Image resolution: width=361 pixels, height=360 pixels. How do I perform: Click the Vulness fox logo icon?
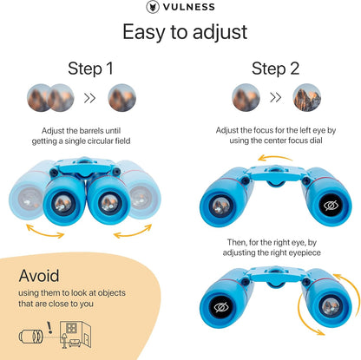coord(153,7)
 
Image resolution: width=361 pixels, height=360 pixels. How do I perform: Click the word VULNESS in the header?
coord(189,7)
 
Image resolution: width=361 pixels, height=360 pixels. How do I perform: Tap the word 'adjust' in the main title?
coord(220,32)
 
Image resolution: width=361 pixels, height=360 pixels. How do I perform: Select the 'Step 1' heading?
coord(90,69)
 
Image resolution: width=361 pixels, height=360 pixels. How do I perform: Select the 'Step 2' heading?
coord(275,69)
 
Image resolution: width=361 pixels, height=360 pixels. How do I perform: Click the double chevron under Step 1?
coord(89,98)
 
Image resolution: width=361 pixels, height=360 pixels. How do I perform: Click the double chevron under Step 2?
coord(276,98)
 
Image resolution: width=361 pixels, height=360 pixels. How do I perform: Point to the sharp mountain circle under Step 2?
coord(307,98)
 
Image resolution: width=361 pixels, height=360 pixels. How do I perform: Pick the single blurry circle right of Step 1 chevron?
coord(122,98)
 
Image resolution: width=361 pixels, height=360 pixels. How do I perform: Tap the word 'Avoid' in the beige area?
coord(39,276)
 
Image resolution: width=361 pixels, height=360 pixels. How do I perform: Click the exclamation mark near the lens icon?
coord(49,327)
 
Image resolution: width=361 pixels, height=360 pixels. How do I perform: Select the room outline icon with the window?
coord(75,334)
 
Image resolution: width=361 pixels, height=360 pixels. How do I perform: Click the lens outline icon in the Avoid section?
coord(30,337)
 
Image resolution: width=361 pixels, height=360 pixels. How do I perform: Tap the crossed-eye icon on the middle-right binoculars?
coord(331,206)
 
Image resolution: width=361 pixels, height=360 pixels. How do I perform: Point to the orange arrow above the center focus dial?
coord(275,157)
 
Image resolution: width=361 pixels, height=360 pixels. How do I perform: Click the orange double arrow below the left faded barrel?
coord(45,233)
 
